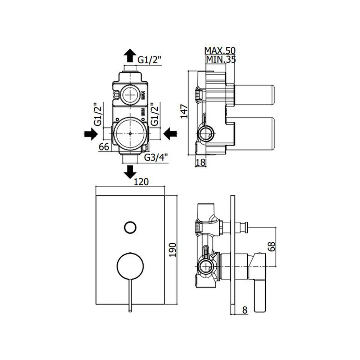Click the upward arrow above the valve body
[x=130, y=55]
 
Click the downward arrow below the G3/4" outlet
[x=130, y=172]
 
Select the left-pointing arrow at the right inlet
[x=170, y=134]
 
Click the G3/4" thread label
[x=156, y=157]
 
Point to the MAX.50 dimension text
[x=220, y=50]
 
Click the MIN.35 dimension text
[x=221, y=59]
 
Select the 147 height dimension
[x=184, y=111]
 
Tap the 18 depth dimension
[x=201, y=162]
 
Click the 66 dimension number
[x=104, y=147]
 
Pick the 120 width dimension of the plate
[x=141, y=181]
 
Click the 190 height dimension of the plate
[x=172, y=249]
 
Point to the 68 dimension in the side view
[x=271, y=247]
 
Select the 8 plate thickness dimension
[x=245, y=310]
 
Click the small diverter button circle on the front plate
[x=130, y=228]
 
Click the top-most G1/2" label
[x=150, y=60]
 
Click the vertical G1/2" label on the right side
[x=155, y=114]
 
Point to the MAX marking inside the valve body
[x=143, y=95]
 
